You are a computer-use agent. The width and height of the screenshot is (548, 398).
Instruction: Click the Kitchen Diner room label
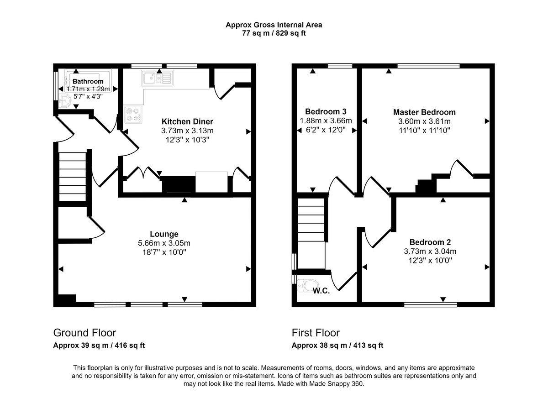tap(187, 121)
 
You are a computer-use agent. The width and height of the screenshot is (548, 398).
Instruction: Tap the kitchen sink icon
tap(156, 79)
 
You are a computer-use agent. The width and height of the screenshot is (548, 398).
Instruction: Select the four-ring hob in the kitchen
tap(133, 114)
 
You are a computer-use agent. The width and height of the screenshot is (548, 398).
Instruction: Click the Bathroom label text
tap(88, 81)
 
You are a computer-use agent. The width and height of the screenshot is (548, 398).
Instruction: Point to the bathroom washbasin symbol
tap(65, 101)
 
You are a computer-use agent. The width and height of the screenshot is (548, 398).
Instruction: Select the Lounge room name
tap(164, 234)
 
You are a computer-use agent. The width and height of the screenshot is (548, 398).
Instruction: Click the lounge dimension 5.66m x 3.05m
tap(164, 243)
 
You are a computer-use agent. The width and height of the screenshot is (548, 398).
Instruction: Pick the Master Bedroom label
tap(424, 112)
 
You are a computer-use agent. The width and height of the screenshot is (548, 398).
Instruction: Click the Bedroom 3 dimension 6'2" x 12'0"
tap(326, 130)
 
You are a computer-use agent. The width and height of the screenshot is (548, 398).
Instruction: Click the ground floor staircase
tap(73, 176)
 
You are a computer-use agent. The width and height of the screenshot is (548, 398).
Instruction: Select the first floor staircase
tap(311, 224)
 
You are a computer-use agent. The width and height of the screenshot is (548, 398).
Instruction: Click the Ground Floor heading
tap(84, 333)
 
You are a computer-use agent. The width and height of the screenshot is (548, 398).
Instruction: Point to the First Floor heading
tap(316, 333)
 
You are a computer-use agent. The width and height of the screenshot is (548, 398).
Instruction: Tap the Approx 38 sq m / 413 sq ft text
tap(337, 346)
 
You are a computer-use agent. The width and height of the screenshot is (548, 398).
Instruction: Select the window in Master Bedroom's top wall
tap(428, 66)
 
